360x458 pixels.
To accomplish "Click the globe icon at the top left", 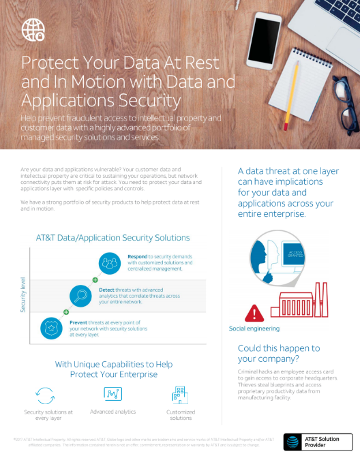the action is (32, 29).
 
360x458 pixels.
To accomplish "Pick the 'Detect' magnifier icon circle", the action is (82, 295).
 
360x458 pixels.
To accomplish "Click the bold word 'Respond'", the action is (139, 257).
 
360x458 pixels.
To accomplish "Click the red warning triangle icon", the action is (253, 313).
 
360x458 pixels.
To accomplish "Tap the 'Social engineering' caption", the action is (254, 329).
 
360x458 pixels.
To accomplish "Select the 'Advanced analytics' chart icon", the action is (112, 394).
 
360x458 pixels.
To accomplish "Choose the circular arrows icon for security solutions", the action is (45, 395).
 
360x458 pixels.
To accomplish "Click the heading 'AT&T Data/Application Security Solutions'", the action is (112, 238).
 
